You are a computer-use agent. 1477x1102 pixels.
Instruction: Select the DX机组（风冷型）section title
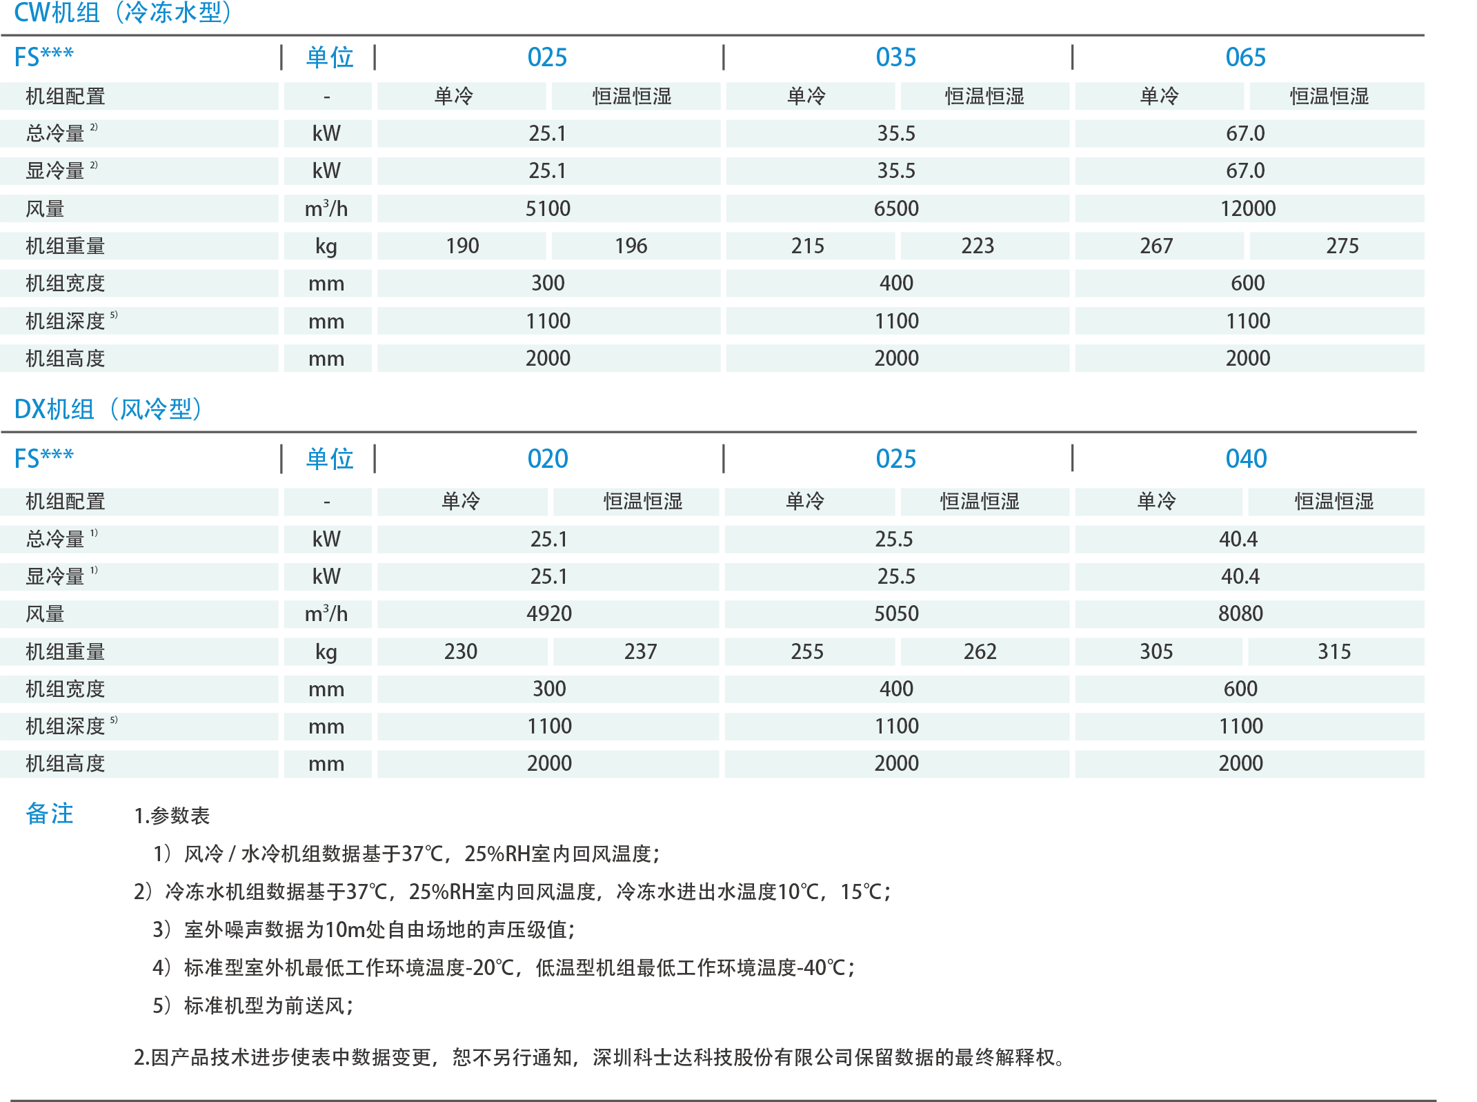[x=108, y=409]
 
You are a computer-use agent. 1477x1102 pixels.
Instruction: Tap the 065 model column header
[x=1245, y=57]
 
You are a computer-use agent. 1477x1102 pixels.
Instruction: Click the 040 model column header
[x=1246, y=459]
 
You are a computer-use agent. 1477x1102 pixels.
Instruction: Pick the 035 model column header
[x=896, y=57]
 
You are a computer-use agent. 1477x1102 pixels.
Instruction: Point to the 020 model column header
[x=548, y=459]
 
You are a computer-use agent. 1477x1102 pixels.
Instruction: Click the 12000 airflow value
[x=1248, y=208]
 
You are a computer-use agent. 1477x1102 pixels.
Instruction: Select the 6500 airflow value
[x=896, y=208]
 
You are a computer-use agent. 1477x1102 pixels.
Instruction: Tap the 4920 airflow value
[x=549, y=613]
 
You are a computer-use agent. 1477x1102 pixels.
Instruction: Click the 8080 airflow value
[x=1240, y=613]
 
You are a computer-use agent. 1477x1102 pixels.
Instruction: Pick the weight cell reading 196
[x=631, y=246]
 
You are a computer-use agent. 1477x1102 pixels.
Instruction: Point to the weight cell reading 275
[x=1342, y=246]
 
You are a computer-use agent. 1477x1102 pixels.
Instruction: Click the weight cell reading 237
[x=641, y=651]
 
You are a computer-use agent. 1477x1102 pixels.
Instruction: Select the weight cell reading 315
[x=1334, y=651]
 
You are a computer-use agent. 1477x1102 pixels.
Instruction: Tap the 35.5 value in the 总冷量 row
[x=896, y=133]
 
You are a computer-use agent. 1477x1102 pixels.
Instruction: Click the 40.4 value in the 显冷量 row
[x=1240, y=576]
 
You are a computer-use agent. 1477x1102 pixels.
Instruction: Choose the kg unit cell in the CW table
[x=326, y=246]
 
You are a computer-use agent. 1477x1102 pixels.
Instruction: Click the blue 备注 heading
[x=50, y=814]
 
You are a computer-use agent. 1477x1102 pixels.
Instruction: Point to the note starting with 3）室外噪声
[x=364, y=929]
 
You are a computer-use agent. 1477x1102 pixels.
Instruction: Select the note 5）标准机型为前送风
[x=253, y=1005]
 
